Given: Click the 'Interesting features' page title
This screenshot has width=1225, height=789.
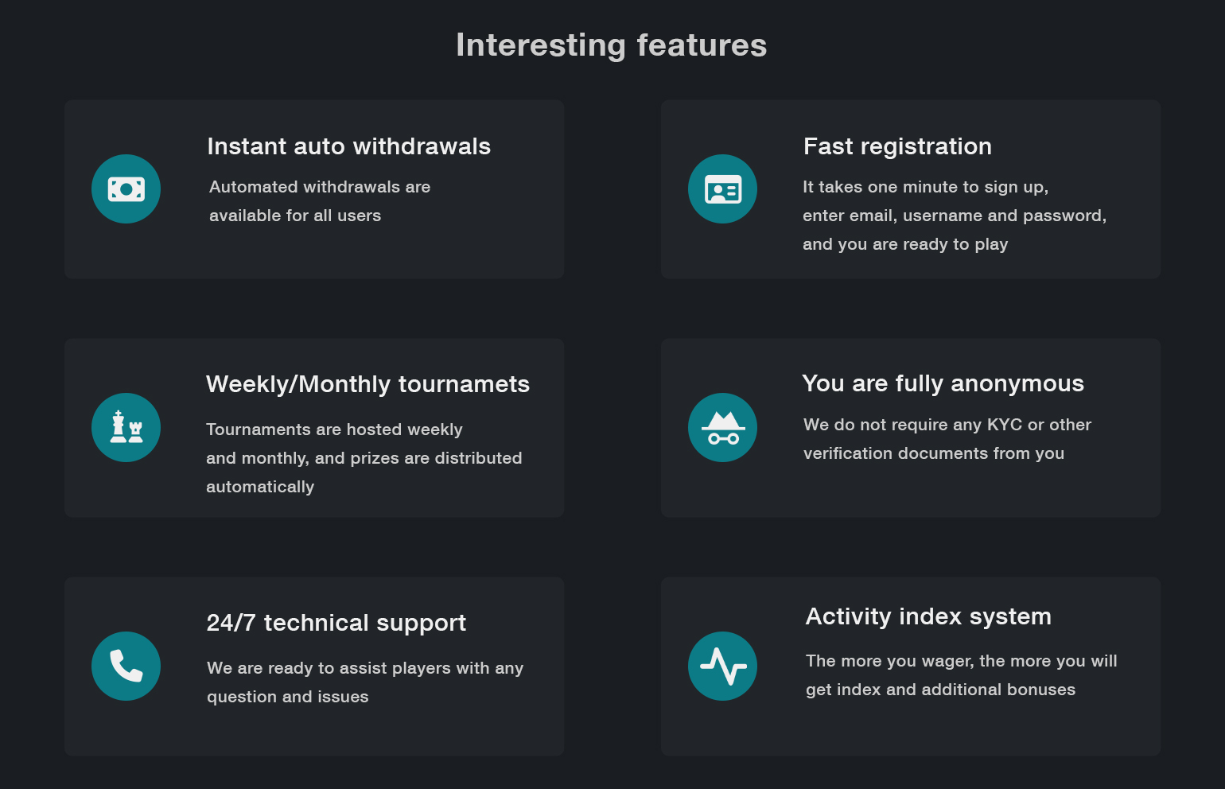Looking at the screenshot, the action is [x=612, y=45].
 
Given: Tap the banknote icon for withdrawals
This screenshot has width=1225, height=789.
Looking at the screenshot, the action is [x=126, y=189].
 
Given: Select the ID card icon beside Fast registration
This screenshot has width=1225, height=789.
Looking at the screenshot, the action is [x=723, y=189].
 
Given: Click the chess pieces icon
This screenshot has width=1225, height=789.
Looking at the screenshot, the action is [x=126, y=427].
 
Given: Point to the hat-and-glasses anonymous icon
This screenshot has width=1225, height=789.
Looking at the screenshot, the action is [x=723, y=428].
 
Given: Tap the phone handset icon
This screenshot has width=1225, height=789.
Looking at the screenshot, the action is [x=126, y=666].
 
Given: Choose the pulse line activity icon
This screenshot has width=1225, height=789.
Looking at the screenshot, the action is [x=723, y=666].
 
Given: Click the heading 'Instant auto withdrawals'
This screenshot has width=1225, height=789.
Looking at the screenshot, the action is [x=349, y=146].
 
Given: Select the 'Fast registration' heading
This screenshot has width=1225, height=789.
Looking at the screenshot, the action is [x=897, y=146].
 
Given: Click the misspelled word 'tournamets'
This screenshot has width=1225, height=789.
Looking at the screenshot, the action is [x=464, y=384].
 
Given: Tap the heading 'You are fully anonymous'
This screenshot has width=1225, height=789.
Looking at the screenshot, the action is [x=943, y=384].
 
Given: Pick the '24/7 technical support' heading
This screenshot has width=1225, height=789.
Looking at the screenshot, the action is [x=336, y=624].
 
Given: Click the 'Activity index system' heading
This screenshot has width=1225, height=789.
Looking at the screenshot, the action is [x=928, y=616].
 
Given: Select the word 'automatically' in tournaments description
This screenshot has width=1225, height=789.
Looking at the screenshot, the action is [x=260, y=488].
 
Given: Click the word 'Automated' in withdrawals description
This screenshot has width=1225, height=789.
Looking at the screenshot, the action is [x=253, y=187].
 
